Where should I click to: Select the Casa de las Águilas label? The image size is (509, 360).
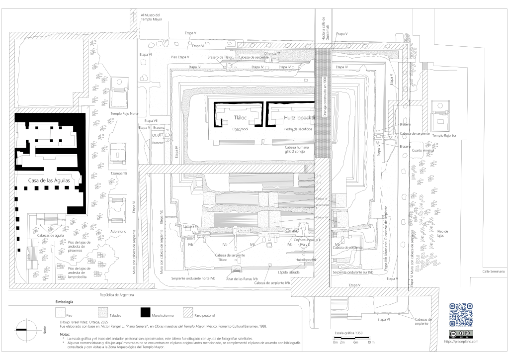click(x=49, y=181)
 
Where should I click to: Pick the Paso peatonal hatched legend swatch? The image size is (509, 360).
click(x=187, y=312)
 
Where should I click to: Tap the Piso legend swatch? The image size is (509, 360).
click(x=60, y=312)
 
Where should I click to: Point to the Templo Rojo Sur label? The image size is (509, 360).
click(x=443, y=135)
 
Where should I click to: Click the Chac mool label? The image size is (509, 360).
click(x=240, y=129)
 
